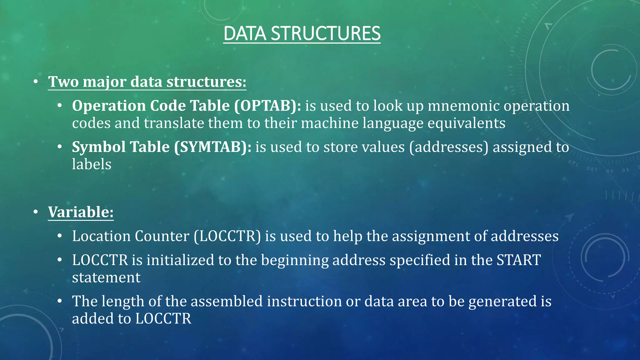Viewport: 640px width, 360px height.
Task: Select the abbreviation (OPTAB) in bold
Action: (268, 106)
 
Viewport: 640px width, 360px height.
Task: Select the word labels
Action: (92, 164)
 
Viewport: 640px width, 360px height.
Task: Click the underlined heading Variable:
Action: (81, 212)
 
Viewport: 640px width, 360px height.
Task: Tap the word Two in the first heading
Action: (63, 82)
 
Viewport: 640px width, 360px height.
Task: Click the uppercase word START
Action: (519, 260)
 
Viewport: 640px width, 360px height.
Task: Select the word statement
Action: (106, 277)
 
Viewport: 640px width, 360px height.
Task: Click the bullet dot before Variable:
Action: (36, 212)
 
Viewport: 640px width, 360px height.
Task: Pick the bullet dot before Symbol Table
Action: (60, 147)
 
